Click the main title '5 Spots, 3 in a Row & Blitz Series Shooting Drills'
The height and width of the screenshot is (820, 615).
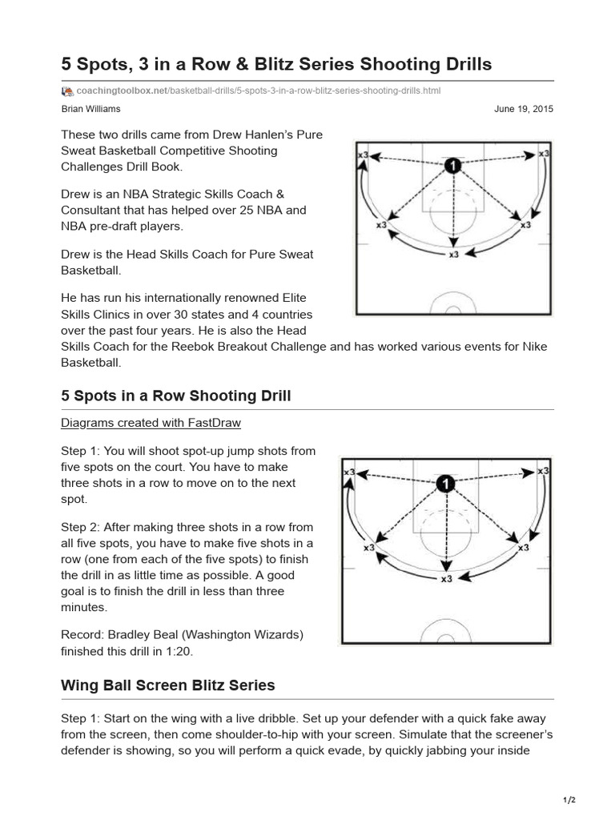click(276, 62)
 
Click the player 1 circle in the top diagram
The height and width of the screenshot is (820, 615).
click(453, 165)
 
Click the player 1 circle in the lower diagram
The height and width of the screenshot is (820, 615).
click(445, 483)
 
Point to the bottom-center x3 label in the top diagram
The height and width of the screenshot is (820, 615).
click(453, 255)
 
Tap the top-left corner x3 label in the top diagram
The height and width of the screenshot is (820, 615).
click(363, 154)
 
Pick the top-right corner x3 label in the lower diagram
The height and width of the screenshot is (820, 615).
click(544, 472)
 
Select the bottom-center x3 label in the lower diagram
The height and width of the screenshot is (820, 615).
click(445, 577)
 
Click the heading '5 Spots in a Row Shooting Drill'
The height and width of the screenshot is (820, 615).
click(176, 396)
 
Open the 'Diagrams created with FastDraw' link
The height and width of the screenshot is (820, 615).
click(151, 422)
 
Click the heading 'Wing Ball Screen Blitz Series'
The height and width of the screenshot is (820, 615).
click(168, 685)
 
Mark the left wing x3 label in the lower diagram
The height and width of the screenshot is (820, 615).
click(368, 548)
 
